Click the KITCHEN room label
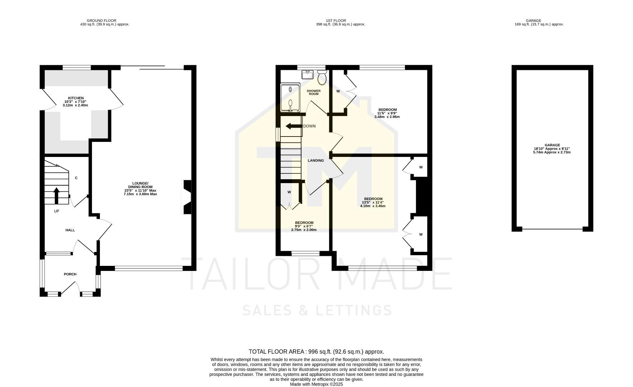point(76,98)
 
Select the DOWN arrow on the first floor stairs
point(294,126)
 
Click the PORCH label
point(70,274)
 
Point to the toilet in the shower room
point(322,78)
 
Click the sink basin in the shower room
point(308,75)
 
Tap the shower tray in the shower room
point(290,98)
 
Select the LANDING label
point(316,161)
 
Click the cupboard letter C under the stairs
point(76,178)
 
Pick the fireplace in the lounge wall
point(187,197)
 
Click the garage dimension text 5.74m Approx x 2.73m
point(552,152)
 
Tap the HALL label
point(70,230)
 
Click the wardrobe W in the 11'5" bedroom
point(338,91)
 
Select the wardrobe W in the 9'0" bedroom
point(289,192)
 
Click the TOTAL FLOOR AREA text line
point(316,352)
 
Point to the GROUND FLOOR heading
point(101,21)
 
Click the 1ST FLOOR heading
point(336,21)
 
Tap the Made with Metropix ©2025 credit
point(316,384)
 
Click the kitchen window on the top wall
point(77,67)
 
